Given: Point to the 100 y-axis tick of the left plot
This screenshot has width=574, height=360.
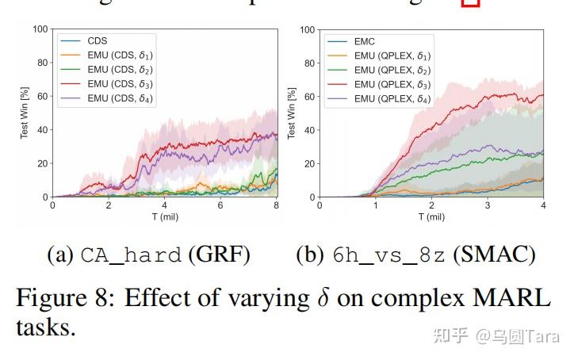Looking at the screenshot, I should tap(40, 29).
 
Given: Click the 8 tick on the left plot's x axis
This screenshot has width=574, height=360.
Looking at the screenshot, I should tap(277, 205).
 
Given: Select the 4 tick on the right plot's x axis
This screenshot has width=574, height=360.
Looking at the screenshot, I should tap(543, 205).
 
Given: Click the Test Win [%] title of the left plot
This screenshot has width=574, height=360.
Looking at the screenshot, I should tap(25, 113).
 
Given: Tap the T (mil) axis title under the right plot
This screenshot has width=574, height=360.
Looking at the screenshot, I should tap(430, 216).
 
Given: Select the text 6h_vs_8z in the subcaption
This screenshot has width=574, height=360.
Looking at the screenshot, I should tap(389, 255).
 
